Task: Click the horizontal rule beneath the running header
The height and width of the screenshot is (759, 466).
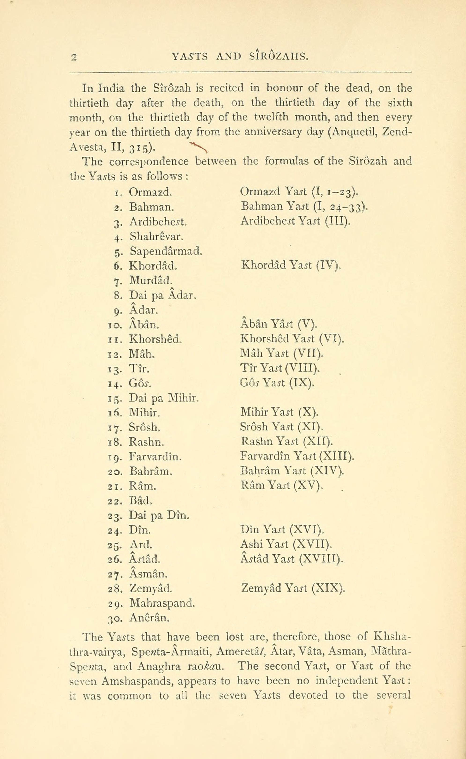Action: (241, 73)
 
